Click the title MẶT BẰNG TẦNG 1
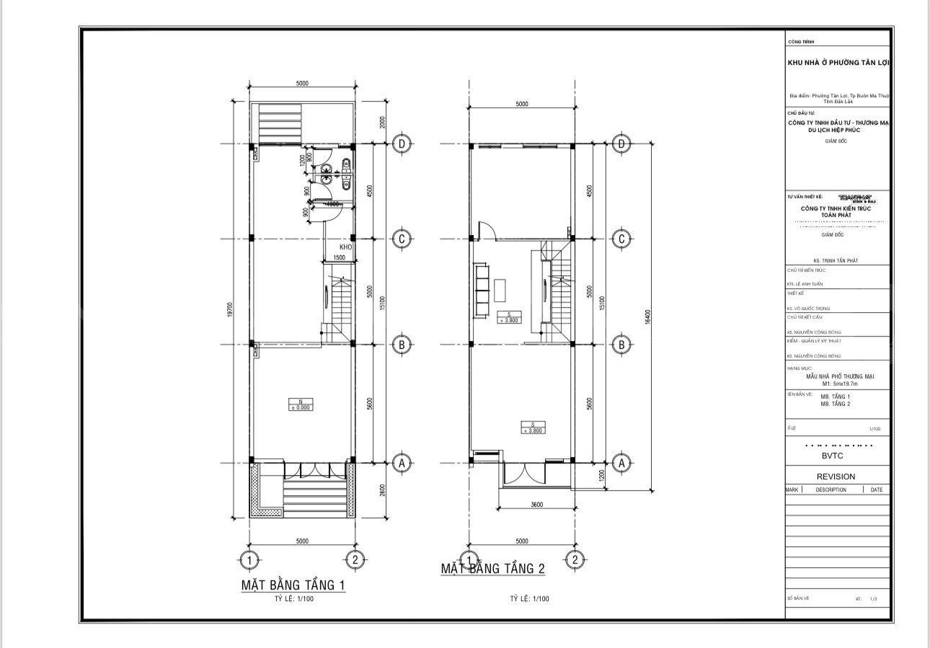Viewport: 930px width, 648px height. [x=293, y=585]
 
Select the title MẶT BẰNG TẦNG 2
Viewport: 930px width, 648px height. [x=493, y=569]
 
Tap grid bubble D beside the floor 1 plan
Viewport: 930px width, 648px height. [x=402, y=144]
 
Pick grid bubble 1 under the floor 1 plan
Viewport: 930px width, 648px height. [x=249, y=559]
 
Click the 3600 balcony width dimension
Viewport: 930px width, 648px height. [x=534, y=505]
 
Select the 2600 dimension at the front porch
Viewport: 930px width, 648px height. [x=381, y=489]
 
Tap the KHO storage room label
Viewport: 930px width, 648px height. [x=345, y=247]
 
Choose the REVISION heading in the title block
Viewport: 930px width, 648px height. [x=836, y=476]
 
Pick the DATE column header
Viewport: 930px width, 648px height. [x=876, y=489]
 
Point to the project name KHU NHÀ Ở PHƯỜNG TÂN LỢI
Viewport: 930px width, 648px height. [x=838, y=63]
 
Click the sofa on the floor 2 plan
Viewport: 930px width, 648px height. [x=481, y=290]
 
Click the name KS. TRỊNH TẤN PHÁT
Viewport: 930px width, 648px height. [x=836, y=261]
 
